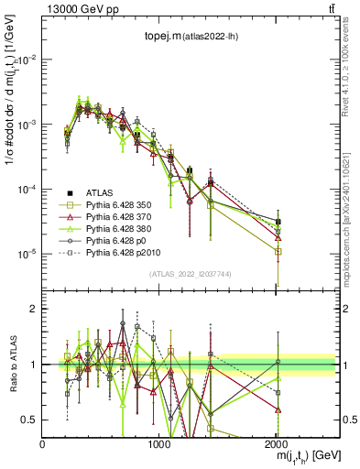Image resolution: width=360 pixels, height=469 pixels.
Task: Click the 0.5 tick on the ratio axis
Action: (x=31, y=420)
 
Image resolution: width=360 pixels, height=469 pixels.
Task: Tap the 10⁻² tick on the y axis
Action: (x=27, y=60)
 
